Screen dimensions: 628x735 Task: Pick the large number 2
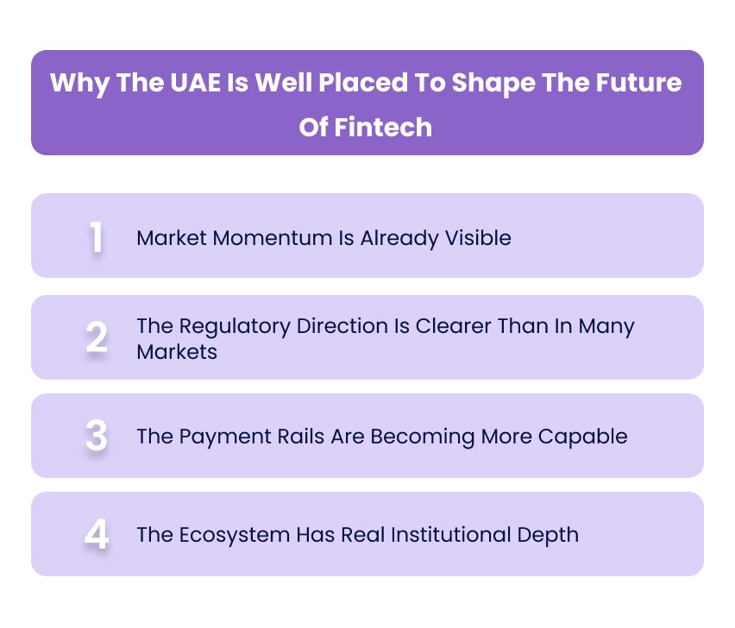(97, 338)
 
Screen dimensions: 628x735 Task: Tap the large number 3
(97, 436)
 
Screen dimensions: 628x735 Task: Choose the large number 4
(97, 535)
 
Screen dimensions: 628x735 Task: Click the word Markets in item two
(177, 352)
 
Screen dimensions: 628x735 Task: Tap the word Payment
(218, 436)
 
